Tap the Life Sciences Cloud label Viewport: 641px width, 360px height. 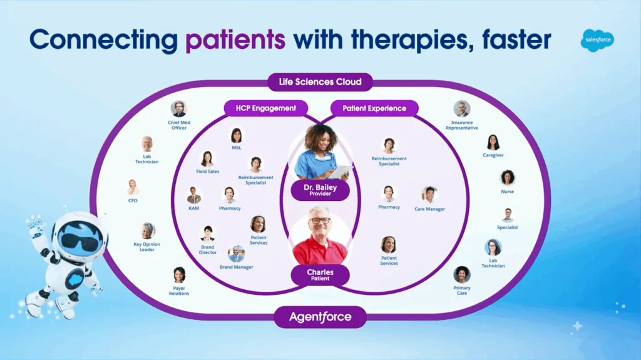tap(320, 82)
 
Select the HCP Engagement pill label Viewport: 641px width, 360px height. tap(266, 108)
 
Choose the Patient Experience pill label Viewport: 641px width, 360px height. tap(374, 108)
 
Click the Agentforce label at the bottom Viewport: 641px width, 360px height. tap(320, 317)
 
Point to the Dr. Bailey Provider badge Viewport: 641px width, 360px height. tap(320, 190)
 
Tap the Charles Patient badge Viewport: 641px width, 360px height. tap(320, 275)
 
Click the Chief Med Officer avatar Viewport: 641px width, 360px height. tap(178, 108)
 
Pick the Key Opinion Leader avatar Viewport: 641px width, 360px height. tap(147, 231)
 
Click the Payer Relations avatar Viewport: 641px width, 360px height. tap(179, 275)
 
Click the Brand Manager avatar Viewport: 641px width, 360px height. tap(237, 254)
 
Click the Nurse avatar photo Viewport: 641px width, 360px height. tap(507, 178)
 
